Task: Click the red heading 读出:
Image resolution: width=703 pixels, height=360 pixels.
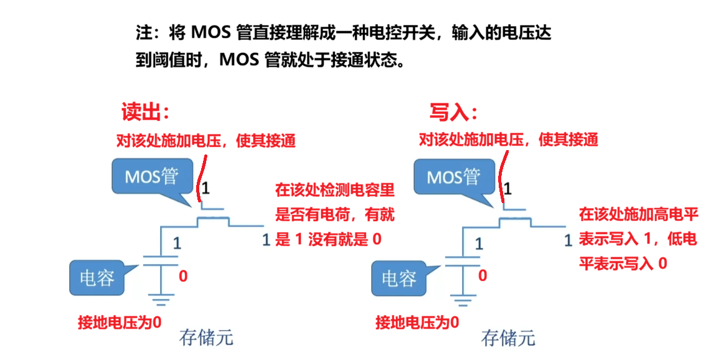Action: (145, 112)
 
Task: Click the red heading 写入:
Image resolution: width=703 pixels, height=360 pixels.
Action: (453, 112)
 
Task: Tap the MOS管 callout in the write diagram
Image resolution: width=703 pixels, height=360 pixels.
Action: (454, 178)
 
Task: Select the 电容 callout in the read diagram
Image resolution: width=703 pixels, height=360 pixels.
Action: (97, 278)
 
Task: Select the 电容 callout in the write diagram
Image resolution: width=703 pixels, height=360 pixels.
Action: (400, 278)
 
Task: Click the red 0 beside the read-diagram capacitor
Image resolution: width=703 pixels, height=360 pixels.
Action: (183, 276)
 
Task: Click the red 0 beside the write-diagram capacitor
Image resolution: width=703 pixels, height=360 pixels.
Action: (483, 276)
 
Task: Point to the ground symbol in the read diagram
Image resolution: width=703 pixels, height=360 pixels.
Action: (161, 300)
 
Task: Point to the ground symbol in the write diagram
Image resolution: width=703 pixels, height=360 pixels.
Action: (463, 300)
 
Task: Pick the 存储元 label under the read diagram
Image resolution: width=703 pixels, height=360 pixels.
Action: (206, 337)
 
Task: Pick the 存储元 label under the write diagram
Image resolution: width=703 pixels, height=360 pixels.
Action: (509, 338)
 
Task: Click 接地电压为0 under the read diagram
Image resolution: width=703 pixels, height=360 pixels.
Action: (120, 323)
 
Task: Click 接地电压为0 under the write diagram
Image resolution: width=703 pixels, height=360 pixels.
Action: (417, 323)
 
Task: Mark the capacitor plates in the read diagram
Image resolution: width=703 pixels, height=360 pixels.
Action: (161, 260)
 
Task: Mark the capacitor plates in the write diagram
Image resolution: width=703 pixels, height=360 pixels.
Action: (463, 260)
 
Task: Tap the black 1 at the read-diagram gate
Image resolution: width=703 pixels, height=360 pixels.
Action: (205, 188)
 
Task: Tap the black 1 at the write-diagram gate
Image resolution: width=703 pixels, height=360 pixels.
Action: (507, 188)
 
